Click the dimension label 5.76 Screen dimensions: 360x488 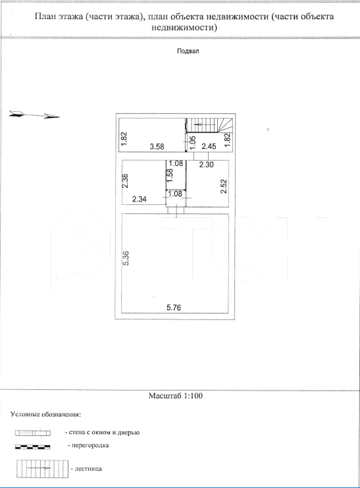[x=174, y=308]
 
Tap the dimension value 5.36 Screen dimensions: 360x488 [x=126, y=258]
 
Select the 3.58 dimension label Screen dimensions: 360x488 [x=157, y=146]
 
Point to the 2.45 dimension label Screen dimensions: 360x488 [x=209, y=146]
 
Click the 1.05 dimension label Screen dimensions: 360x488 [x=193, y=142]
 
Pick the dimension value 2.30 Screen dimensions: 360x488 [x=206, y=164]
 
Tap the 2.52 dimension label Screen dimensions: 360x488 [x=224, y=186]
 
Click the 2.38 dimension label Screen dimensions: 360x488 [x=125, y=181]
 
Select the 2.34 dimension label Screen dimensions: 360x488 [x=140, y=199]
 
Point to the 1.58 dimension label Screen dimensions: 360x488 [x=170, y=176]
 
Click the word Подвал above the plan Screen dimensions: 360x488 [x=188, y=51]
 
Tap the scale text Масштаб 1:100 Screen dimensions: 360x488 [x=176, y=396]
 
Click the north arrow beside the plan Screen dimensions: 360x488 [x=34, y=115]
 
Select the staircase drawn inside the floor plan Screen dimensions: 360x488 [x=209, y=125]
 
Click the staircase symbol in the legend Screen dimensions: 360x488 [x=42, y=469]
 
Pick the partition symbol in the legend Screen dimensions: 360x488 [x=33, y=447]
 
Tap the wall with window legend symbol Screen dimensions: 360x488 [x=33, y=433]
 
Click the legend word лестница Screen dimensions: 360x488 [x=88, y=468]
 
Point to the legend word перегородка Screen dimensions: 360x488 [x=90, y=445]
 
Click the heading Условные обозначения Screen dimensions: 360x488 [x=45, y=414]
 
